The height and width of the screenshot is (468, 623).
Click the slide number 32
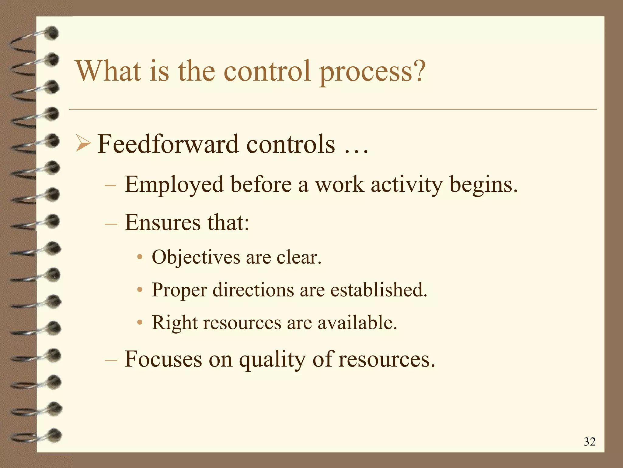[x=589, y=441]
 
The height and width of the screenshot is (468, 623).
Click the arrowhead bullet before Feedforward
[x=83, y=144]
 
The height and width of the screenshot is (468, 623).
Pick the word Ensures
[x=163, y=222]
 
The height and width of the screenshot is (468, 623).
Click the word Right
[x=174, y=323]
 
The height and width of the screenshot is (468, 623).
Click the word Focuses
[x=163, y=359]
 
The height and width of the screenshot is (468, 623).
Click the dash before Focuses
[x=110, y=360]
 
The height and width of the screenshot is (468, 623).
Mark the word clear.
[x=299, y=257]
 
